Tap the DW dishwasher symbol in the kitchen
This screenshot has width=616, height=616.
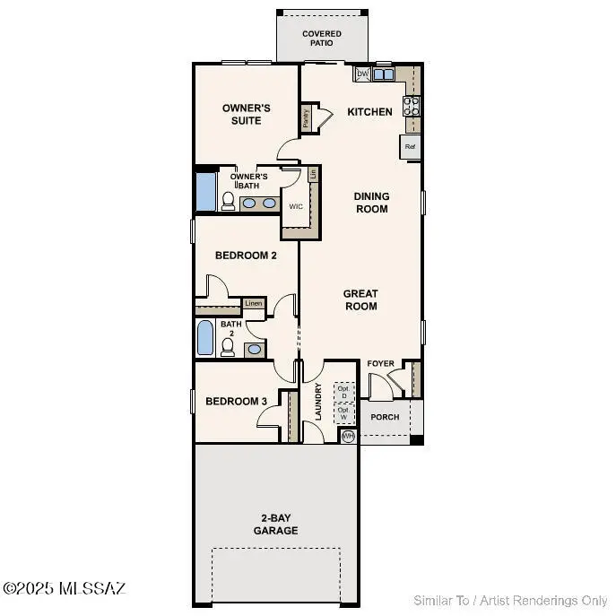coord(362,74)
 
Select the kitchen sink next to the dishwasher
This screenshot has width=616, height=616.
coord(383,74)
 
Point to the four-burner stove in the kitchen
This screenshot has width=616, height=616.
coord(413,106)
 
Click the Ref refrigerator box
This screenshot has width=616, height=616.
coord(411,146)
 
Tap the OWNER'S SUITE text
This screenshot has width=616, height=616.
coord(247,115)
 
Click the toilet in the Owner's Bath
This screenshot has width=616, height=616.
coord(228,202)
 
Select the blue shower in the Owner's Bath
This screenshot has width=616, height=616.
coord(206,191)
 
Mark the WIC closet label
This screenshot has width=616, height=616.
coord(295,206)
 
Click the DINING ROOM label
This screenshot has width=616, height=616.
coord(371,203)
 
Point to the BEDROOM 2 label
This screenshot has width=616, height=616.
coord(246,256)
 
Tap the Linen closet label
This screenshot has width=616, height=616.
coord(253,303)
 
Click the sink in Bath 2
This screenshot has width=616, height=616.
coord(254,349)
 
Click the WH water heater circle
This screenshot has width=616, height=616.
coord(348,436)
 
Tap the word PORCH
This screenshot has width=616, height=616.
coord(386,418)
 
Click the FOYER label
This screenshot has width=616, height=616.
coord(381,363)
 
